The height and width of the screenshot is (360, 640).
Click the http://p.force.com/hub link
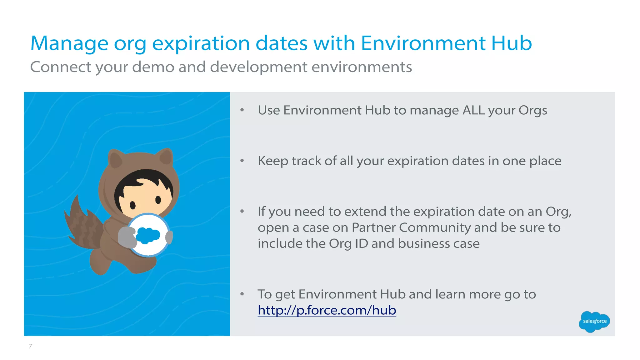click(327, 310)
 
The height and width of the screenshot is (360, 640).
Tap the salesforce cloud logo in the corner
click(594, 321)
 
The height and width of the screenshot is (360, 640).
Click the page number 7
click(30, 346)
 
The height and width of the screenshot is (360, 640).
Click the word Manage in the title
click(69, 44)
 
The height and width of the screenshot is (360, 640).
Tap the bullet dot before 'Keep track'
click(242, 161)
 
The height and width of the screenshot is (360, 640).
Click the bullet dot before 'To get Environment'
click(242, 294)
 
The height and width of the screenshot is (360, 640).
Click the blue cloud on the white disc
click(148, 235)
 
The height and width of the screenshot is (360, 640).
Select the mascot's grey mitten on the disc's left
click(127, 237)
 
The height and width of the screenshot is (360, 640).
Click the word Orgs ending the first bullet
click(532, 110)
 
